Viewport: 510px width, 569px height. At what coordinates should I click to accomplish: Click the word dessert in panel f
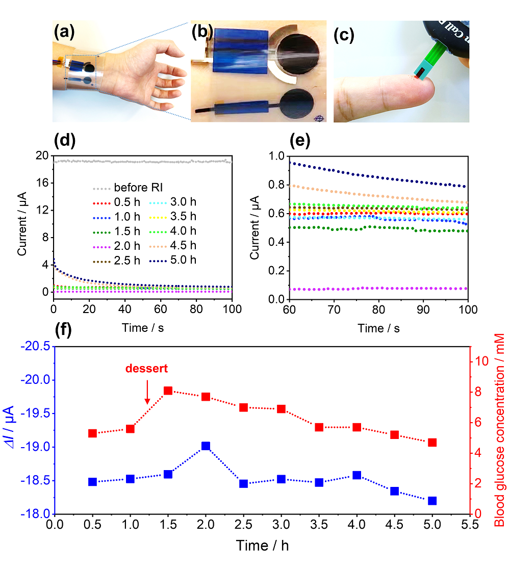coord(147,368)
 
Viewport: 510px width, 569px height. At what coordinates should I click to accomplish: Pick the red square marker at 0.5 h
coord(92,433)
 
